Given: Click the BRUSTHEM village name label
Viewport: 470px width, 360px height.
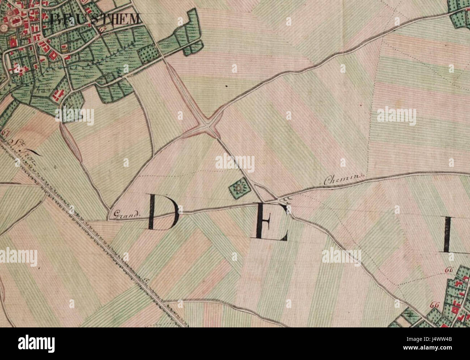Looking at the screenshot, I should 95,19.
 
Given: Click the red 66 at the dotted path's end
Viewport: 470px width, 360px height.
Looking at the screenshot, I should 449,270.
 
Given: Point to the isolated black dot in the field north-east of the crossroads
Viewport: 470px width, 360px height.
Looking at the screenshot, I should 226,86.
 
